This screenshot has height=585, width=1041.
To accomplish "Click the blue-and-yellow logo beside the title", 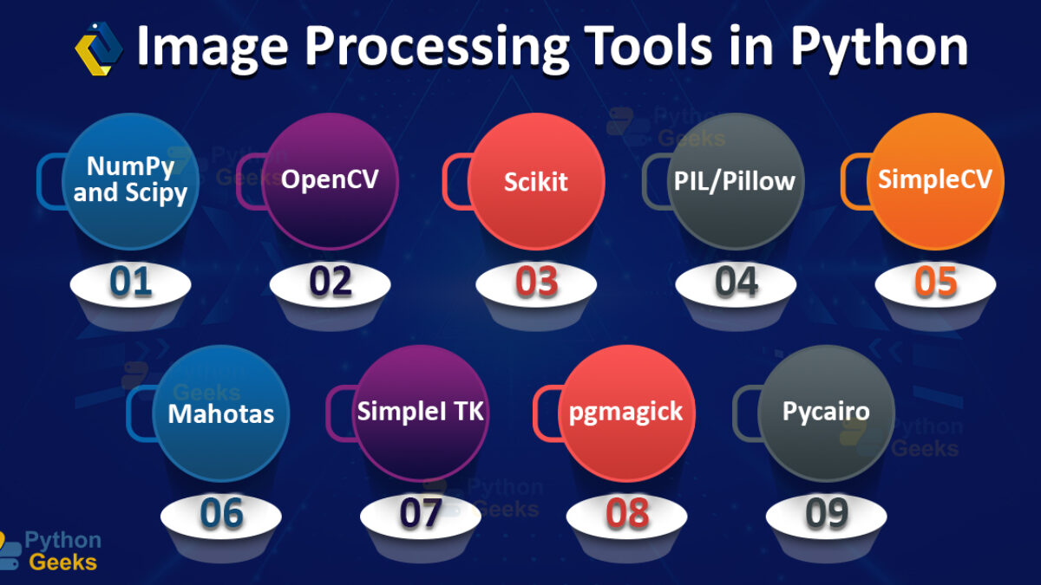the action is (x=99, y=49).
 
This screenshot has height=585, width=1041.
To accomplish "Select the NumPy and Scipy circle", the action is (x=131, y=181).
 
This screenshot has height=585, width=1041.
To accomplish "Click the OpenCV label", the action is (x=330, y=179).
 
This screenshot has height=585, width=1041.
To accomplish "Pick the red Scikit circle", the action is (x=536, y=181).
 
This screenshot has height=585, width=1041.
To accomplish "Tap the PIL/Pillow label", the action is (x=735, y=181).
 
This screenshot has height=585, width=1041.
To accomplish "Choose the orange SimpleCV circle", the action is (x=935, y=181).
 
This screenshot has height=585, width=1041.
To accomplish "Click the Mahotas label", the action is (x=220, y=413).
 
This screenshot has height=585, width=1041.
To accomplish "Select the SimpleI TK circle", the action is (x=421, y=413).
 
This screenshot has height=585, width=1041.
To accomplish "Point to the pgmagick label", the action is (x=626, y=413).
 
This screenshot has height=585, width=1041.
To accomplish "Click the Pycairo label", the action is (x=826, y=412).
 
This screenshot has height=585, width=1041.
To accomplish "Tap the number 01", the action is (x=131, y=282).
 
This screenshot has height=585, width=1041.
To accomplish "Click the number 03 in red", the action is (x=536, y=282).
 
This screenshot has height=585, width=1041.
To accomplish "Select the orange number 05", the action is (x=935, y=282).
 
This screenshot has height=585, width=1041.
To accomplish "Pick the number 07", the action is (x=421, y=513).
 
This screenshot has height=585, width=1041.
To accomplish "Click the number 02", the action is (x=331, y=282).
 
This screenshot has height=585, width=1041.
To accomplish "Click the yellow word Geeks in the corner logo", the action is (x=62, y=562).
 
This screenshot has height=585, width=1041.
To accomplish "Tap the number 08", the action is (x=627, y=513).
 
